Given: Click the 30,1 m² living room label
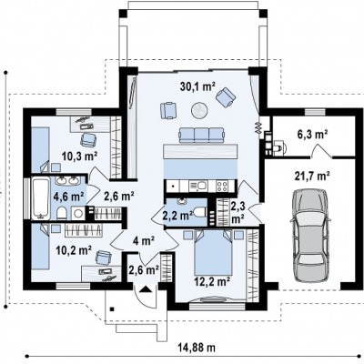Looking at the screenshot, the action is pyautogui.click(x=197, y=87).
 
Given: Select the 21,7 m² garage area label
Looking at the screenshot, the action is pyautogui.click(x=312, y=177).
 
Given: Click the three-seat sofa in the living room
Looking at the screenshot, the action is pyautogui.click(x=202, y=136).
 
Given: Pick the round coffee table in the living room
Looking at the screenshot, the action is pyautogui.click(x=200, y=109).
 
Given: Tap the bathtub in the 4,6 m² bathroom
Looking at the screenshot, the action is pyautogui.click(x=41, y=198).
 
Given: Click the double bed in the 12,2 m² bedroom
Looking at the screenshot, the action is pyautogui.click(x=213, y=252).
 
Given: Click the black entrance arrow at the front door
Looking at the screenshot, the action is pyautogui.click(x=145, y=288).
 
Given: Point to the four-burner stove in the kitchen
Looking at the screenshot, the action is pyautogui.click(x=222, y=186).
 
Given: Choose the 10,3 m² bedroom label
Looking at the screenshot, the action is pyautogui.click(x=80, y=157).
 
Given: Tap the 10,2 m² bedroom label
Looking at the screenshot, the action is pyautogui.click(x=75, y=250).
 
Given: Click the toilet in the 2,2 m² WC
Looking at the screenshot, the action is pyautogui.click(x=201, y=212).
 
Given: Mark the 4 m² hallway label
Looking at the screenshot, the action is pyautogui.click(x=144, y=241).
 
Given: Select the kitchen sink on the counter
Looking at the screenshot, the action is pyautogui.click(x=197, y=186).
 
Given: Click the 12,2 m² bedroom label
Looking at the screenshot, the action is pyautogui.click(x=212, y=282).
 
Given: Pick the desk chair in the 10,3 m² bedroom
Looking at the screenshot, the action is pyautogui.click(x=88, y=139).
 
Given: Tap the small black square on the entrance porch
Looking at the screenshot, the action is pyautogui.click(x=112, y=309).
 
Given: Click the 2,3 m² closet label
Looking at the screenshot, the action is pyautogui.click(x=238, y=212).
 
